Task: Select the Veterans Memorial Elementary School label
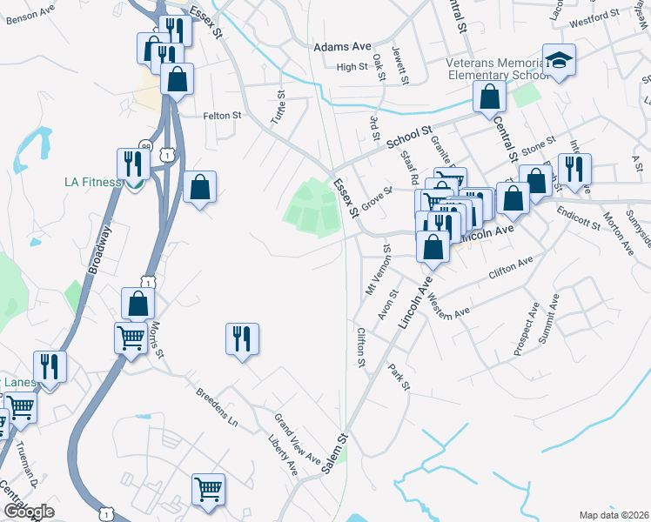[x=497, y=69]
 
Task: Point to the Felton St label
[x=221, y=115]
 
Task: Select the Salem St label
[x=333, y=453]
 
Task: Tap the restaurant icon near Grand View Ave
[x=242, y=338]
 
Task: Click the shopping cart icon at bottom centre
[x=208, y=489]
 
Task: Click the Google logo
[x=29, y=512]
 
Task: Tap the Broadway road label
[x=100, y=251]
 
